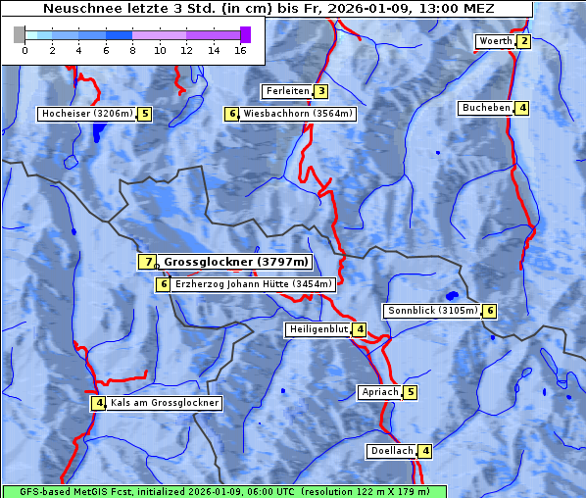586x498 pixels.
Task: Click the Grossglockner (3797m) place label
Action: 236,262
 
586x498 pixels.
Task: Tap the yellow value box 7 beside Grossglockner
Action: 147,262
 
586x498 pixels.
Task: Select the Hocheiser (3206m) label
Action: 86,114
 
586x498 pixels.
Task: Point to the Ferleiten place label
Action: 287,91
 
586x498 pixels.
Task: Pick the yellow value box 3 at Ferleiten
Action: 320,91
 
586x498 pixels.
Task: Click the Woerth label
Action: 495,41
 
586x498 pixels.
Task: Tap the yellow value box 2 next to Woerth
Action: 524,41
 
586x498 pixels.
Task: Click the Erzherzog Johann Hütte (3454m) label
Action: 254,284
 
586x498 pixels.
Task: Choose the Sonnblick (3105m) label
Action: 432,311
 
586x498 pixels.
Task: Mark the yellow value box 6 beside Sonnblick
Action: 490,311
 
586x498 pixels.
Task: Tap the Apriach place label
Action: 380,392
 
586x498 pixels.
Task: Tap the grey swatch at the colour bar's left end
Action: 20,35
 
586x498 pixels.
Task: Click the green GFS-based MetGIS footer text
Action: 223,491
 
